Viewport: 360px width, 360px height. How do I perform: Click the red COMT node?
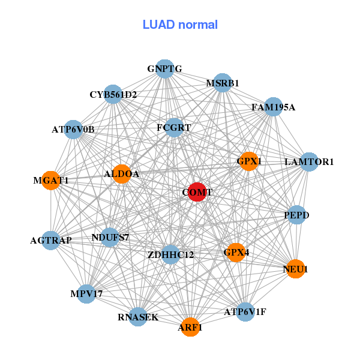(x=197, y=192)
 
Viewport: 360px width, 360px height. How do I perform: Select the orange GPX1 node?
(x=249, y=161)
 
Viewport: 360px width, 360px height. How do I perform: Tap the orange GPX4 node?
(x=236, y=253)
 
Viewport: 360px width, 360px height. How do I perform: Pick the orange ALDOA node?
(x=122, y=174)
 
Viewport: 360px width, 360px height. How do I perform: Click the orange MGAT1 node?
(x=51, y=180)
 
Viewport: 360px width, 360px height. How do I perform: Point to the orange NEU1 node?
(x=295, y=269)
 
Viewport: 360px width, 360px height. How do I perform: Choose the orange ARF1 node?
(x=190, y=327)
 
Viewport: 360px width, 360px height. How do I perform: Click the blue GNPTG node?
(x=164, y=69)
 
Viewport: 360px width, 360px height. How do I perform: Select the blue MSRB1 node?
(x=223, y=83)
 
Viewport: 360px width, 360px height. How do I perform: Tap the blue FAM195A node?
(x=273, y=107)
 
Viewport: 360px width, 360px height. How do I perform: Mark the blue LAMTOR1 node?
(x=309, y=161)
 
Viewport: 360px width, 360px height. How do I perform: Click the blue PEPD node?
(x=296, y=214)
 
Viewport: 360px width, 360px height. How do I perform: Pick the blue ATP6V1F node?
(x=245, y=311)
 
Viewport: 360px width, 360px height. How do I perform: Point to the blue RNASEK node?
(x=138, y=317)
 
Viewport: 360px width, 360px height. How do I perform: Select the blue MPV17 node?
(x=86, y=293)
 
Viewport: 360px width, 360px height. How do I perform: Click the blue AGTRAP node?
(x=51, y=241)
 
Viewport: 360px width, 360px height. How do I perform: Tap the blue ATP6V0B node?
(x=73, y=129)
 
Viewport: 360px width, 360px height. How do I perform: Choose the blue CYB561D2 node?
(x=113, y=94)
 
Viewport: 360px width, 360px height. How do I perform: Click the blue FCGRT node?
(x=174, y=128)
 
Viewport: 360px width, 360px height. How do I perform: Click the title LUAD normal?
(x=180, y=25)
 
